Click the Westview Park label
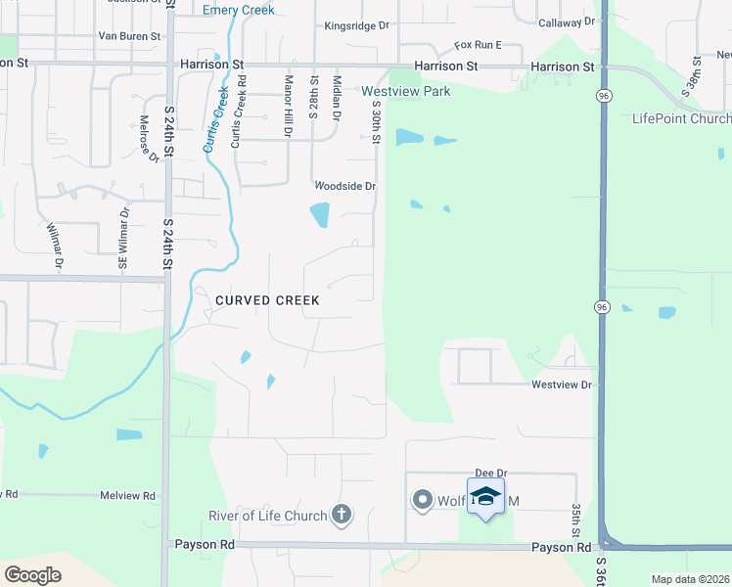click(x=406, y=91)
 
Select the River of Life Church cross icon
click(x=342, y=515)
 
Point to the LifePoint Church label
click(x=681, y=118)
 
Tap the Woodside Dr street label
click(x=344, y=186)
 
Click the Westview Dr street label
click(x=562, y=384)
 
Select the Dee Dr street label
click(x=488, y=473)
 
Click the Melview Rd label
click(x=127, y=496)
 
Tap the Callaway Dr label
click(x=566, y=21)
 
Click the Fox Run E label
click(x=478, y=45)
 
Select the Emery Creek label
click(x=238, y=10)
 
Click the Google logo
click(x=32, y=575)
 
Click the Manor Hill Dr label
click(x=289, y=106)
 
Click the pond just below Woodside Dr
click(x=320, y=214)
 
